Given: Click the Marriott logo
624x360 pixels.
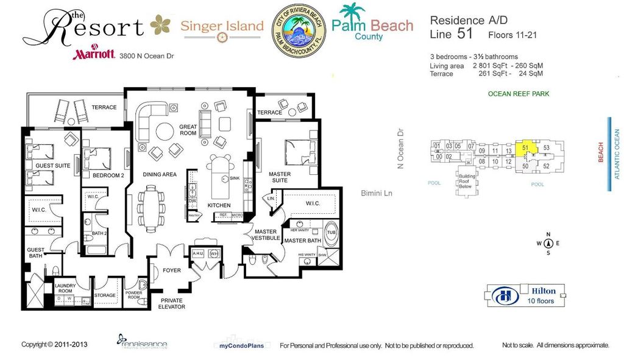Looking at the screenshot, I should pos(94,54).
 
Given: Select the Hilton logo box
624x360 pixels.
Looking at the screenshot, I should pos(525,295).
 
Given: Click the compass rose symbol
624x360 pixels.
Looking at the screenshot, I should pos(548,243).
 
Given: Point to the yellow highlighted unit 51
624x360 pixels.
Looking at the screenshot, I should pos(525,148).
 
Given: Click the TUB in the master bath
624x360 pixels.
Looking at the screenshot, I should pos(331,233).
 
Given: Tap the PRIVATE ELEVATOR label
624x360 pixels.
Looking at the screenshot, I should pos(172,303).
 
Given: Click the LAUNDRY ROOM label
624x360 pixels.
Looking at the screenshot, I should pos(64,288).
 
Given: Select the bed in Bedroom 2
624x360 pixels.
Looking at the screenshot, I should pos(97,159).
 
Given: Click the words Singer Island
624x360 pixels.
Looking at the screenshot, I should pos(222,26).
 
